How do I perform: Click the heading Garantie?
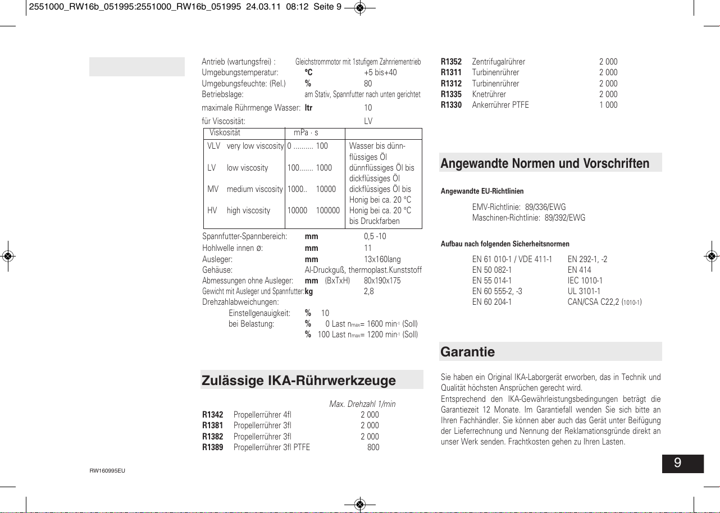coord(468,352)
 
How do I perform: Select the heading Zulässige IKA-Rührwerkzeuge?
coord(298,380)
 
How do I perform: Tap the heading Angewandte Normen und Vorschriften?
coord(545,163)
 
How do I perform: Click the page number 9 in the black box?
coord(678,463)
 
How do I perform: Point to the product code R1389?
coord(212,447)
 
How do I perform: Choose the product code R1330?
coord(451,105)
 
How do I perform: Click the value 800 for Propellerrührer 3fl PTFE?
coord(372,447)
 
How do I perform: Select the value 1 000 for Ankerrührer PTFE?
coord(608,105)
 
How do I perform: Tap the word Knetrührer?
coord(489,94)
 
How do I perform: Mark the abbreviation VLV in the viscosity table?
coord(213,146)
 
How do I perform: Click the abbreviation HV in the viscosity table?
coord(212,210)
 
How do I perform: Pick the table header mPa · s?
coord(306,133)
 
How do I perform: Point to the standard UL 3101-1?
coord(584,291)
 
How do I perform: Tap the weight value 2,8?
coord(369,291)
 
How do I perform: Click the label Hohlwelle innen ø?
coord(233,248)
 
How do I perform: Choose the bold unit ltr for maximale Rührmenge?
coord(308,108)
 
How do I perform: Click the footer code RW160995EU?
coord(103,470)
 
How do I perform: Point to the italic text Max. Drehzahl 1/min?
coord(362,404)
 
